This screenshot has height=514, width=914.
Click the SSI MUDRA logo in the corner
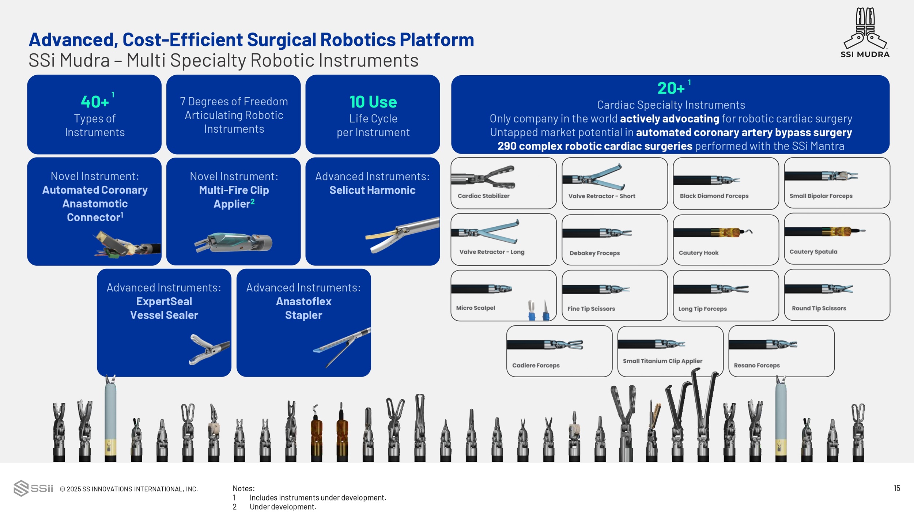pos(865,33)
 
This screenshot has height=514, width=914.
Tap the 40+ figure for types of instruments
pos(95,102)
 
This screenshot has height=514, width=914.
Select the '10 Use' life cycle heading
pos(373,102)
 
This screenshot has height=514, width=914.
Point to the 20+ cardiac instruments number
pos(671,88)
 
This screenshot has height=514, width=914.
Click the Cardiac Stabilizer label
pos(483,196)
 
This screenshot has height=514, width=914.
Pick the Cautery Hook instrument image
pos(713,233)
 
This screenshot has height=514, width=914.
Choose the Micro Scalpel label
pos(475,308)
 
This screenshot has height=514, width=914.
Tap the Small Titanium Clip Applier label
pos(662,361)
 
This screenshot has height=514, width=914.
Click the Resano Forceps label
pos(756,365)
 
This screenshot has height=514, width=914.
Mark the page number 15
pos(896,488)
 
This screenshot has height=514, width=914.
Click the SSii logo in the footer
pos(33,488)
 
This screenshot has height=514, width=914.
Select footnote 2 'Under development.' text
pos(283,507)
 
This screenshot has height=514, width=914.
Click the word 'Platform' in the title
pos(437,39)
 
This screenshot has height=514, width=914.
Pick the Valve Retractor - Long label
pos(492,252)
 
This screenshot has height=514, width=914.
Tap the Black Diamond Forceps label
pos(714,196)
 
